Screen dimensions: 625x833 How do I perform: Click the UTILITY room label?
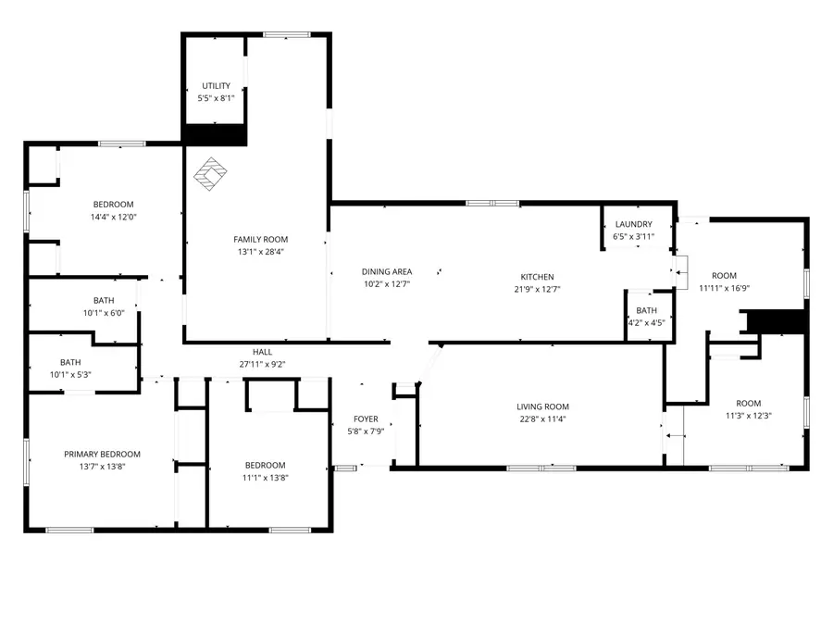[217, 86]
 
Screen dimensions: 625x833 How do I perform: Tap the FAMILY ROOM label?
[260, 239]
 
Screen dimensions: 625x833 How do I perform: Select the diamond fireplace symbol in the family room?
[212, 173]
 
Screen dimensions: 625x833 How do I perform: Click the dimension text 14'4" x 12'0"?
[113, 217]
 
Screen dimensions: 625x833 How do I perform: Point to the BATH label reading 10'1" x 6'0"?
[104, 300]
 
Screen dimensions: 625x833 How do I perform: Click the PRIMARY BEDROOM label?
[102, 454]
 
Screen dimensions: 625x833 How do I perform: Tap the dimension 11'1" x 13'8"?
[265, 477]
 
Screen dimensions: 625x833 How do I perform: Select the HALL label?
[262, 352]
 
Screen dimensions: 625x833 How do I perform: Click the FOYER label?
[365, 419]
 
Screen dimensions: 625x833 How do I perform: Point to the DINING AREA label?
[386, 271]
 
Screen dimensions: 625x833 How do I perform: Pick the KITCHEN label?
[537, 277]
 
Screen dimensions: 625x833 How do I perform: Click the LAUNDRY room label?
[633, 224]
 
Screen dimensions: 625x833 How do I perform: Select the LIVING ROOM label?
[542, 406]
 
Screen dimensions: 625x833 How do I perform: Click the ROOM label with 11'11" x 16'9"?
[724, 275]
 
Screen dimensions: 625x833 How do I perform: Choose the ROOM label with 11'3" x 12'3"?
[748, 403]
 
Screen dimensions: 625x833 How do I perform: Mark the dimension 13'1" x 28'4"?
[260, 251]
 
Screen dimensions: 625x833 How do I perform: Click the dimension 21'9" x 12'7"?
[537, 289]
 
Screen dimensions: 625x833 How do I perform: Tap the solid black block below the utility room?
[215, 135]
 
